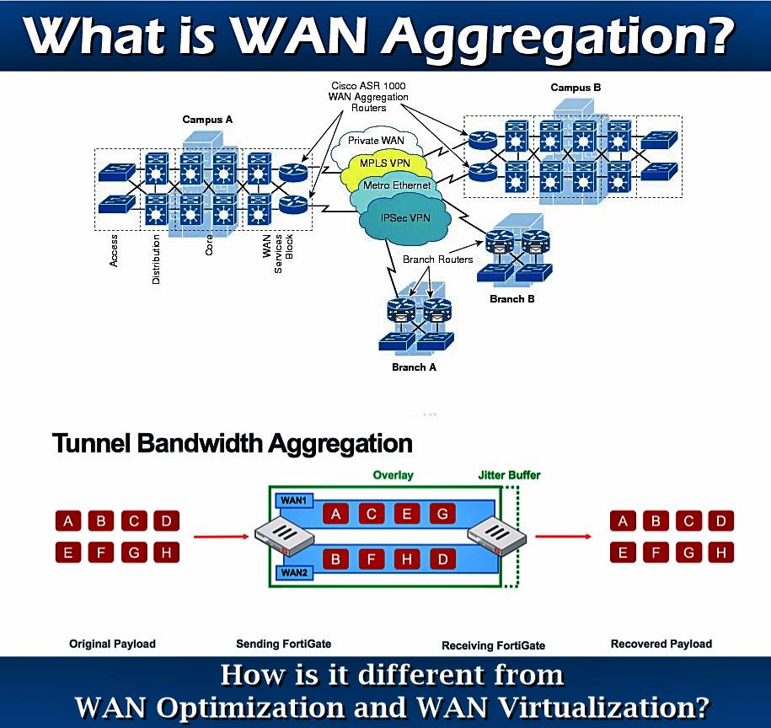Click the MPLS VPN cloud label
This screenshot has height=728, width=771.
click(384, 163)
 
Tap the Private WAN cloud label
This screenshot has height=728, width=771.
click(376, 141)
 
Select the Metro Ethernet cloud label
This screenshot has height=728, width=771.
click(397, 185)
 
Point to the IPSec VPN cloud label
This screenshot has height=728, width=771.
click(405, 217)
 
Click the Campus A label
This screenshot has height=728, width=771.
click(207, 120)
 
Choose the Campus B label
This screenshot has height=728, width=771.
click(576, 88)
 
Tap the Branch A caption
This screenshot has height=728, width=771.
click(414, 367)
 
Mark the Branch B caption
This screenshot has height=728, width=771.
click(511, 299)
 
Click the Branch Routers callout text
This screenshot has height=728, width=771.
click(437, 259)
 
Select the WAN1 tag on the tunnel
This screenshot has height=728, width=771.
click(294, 500)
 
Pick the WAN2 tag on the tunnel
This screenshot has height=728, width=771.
click(294, 573)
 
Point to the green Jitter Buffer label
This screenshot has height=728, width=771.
click(510, 475)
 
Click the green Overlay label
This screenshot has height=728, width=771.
click(393, 475)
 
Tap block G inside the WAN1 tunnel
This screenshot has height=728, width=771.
click(442, 514)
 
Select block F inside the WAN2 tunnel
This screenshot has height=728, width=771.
click(372, 559)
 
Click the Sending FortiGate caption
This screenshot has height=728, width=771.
click(284, 644)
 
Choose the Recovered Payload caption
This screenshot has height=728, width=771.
click(661, 644)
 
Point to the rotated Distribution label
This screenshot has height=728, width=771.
click(156, 259)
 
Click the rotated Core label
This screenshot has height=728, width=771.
click(209, 245)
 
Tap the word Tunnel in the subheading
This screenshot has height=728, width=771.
click(91, 443)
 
